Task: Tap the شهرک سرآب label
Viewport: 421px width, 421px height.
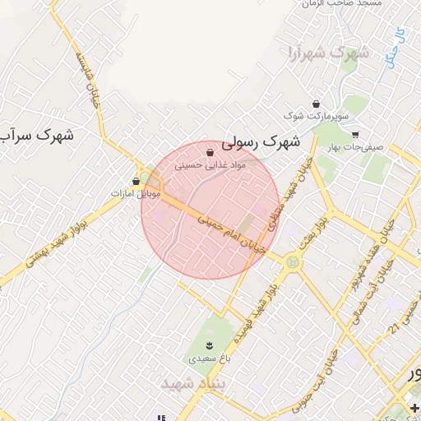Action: pos(37,135)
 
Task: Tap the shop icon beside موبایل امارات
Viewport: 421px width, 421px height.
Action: pos(136,181)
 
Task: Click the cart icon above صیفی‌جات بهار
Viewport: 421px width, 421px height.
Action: pos(354,134)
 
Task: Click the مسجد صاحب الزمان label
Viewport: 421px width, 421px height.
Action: pos(333,4)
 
